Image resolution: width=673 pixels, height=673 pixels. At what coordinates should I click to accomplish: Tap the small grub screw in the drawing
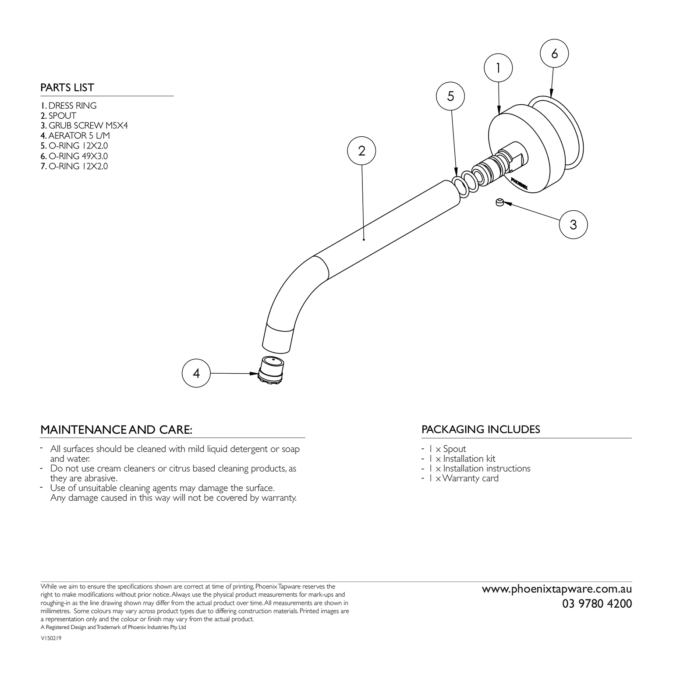point(499,202)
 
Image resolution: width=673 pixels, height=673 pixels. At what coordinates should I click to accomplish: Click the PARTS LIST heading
point(67,88)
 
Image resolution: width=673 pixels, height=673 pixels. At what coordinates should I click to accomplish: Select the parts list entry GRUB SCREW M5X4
point(84,126)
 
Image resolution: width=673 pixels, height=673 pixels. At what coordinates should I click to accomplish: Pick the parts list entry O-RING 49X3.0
point(74,156)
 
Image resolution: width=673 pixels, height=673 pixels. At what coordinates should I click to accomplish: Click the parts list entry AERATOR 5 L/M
point(75,136)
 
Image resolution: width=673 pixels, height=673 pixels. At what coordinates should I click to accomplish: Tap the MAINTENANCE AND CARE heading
point(116,430)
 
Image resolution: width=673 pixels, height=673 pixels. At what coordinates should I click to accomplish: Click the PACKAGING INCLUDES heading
point(481,429)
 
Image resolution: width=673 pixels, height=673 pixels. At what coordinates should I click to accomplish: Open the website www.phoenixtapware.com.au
point(557,589)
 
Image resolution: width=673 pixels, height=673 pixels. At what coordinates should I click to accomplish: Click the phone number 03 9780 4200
point(597,604)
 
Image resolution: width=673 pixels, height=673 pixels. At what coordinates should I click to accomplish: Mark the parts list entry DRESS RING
point(68,106)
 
